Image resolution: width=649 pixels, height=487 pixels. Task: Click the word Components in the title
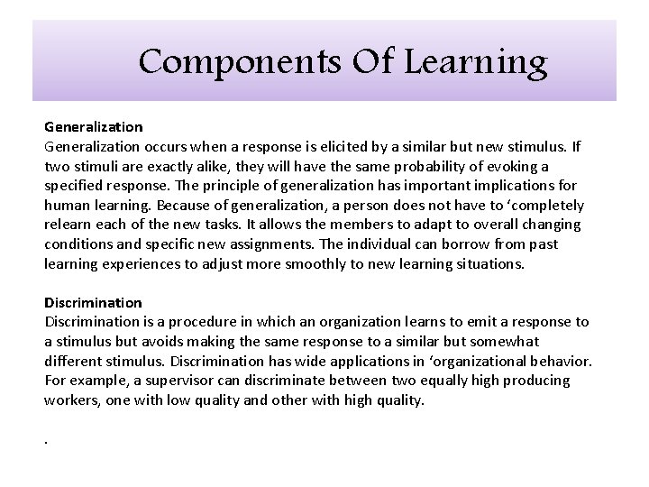[x=212, y=63]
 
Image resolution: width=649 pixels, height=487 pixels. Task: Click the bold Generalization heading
[x=94, y=128]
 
